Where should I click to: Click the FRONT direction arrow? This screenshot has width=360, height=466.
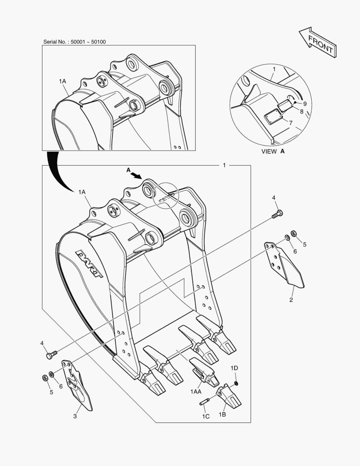pyautogui.click(x=318, y=42)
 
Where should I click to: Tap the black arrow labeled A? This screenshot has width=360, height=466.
pyautogui.click(x=137, y=175)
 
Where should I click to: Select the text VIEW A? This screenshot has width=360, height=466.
pyautogui.click(x=272, y=151)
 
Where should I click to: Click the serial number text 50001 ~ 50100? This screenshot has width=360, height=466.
pyautogui.click(x=88, y=42)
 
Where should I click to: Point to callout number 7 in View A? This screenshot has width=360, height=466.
pyautogui.click(x=290, y=123)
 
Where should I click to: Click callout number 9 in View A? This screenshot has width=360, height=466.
pyautogui.click(x=305, y=104)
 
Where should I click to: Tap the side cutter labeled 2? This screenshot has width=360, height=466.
pyautogui.click(x=284, y=264)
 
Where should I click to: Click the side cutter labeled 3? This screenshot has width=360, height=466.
pyautogui.click(x=77, y=384)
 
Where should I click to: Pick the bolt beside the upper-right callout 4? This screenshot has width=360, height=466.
pyautogui.click(x=277, y=214)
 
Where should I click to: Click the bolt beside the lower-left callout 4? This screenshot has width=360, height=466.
pyautogui.click(x=51, y=355)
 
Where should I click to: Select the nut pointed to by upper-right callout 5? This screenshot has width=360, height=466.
pyautogui.click(x=294, y=233)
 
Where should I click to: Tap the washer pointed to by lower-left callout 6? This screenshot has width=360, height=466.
pyautogui.click(x=51, y=374)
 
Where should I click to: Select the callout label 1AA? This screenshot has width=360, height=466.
pyautogui.click(x=196, y=392)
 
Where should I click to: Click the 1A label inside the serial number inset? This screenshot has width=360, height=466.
pyautogui.click(x=63, y=81)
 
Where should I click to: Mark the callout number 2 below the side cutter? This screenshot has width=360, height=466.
pyautogui.click(x=291, y=300)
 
